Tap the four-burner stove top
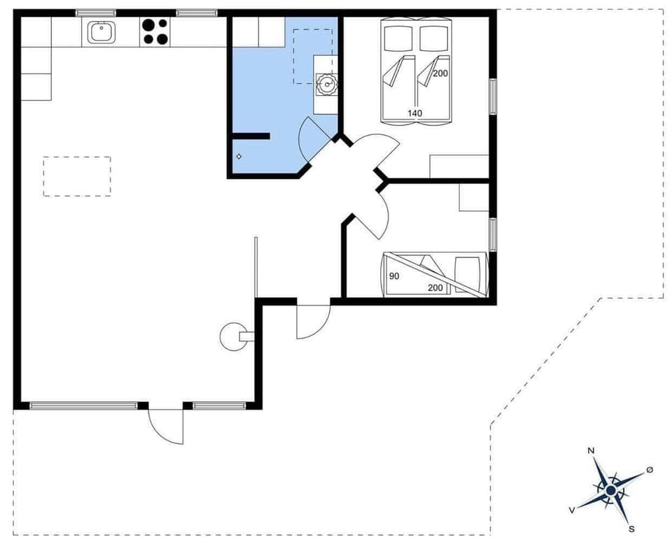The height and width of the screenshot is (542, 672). coord(155,31)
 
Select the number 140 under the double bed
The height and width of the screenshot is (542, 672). coord(415,113)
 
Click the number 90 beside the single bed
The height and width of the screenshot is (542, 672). coord(394,276)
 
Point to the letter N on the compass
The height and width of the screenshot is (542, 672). coord(591,451)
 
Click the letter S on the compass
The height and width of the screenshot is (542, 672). coord(631,529)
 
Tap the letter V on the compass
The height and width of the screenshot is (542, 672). coord(573,511)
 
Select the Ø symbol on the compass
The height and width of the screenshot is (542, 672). coord(650,469)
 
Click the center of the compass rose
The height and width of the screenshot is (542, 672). coord(610,491)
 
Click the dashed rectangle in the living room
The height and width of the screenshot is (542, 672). coord(77,176)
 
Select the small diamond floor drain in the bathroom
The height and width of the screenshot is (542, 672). coord(239,156)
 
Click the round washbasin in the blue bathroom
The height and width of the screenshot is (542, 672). coord(325,85)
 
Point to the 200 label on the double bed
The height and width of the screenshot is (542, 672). coord(440,73)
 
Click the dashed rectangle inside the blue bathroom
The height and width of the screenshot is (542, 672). coord(311,56)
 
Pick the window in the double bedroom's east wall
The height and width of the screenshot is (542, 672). coord(493,97)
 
